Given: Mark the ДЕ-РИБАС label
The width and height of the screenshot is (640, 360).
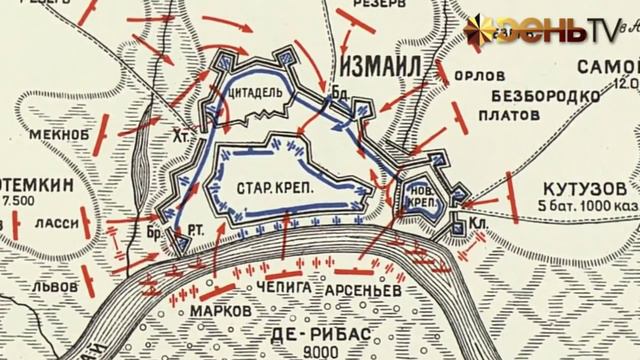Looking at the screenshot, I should pos(306,334).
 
